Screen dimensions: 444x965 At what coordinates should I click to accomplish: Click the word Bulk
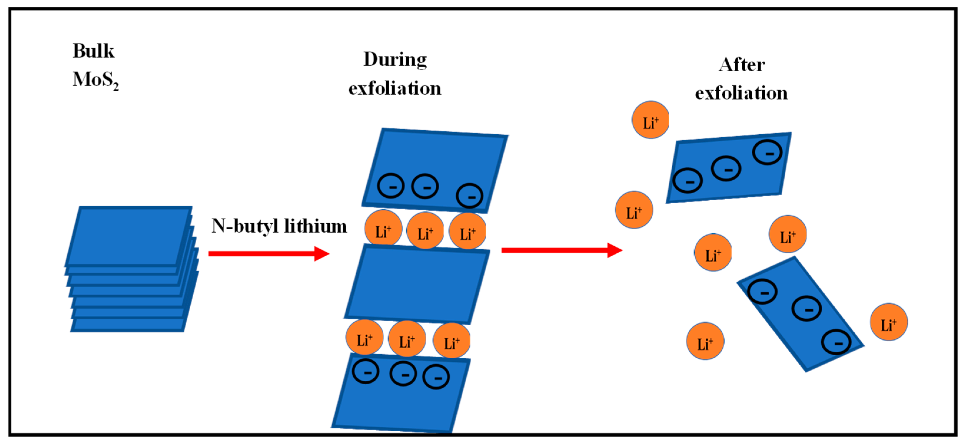point(93,51)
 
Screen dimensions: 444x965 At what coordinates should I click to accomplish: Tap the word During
point(395,60)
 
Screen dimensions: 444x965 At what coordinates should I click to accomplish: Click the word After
point(741,65)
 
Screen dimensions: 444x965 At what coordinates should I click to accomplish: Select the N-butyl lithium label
point(279,226)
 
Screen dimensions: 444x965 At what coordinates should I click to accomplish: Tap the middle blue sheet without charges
point(417,284)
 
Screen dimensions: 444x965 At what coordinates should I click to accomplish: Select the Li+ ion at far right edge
point(889,322)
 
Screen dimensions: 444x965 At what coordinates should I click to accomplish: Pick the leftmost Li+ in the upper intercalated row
point(383,228)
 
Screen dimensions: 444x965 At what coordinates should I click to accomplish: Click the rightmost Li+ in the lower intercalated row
point(451,341)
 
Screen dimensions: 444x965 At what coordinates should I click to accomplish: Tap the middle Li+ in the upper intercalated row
point(425,231)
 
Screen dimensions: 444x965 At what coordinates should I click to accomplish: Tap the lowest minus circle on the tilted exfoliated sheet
point(836,342)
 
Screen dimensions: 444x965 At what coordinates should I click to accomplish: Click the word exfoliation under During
point(395,88)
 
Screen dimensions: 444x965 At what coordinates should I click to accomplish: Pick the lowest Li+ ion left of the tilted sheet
point(705,341)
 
